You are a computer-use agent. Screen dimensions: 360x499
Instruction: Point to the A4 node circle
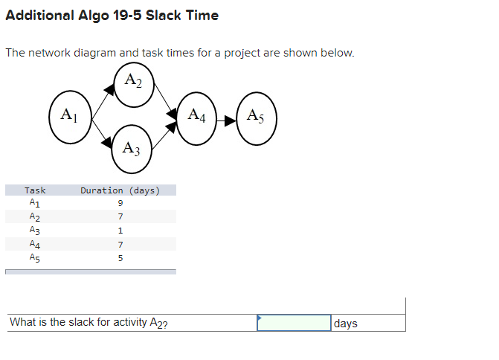click(x=196, y=116)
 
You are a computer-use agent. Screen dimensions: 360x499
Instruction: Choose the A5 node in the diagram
click(x=255, y=116)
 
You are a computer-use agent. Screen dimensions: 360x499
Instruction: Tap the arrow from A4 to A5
click(x=225, y=117)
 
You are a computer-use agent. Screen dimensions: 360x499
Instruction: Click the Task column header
click(x=35, y=190)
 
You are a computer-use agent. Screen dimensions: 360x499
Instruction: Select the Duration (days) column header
click(x=120, y=190)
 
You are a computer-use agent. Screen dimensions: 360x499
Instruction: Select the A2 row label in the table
click(x=35, y=217)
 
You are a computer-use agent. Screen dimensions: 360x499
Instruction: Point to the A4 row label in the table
click(x=35, y=245)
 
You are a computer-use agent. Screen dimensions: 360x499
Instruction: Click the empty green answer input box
click(x=294, y=323)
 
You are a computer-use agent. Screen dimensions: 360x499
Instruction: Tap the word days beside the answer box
click(x=346, y=324)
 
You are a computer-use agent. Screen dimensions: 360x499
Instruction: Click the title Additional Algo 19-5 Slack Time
click(x=112, y=16)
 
